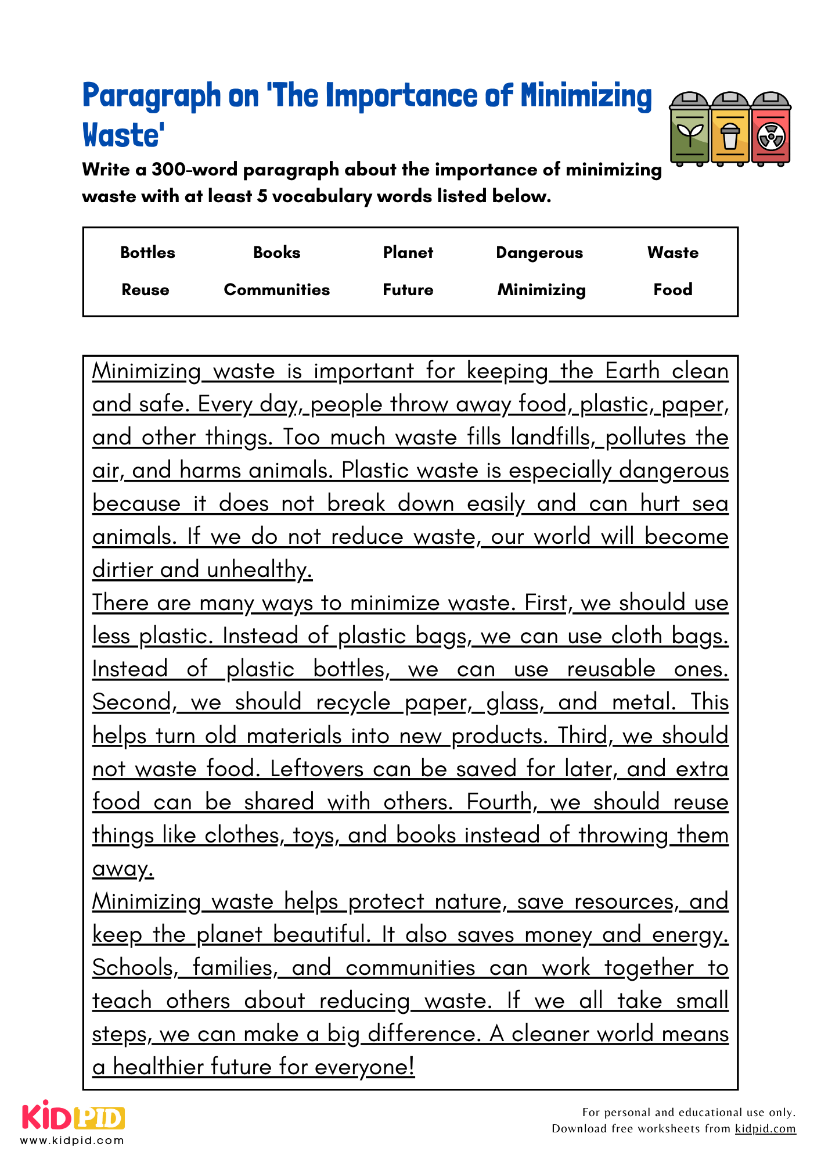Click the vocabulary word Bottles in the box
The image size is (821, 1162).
pyautogui.click(x=147, y=253)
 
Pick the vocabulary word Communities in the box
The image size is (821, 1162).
pyautogui.click(x=276, y=290)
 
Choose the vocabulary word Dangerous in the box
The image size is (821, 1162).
pyautogui.click(x=539, y=253)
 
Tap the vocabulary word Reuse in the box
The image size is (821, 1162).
pyautogui.click(x=145, y=290)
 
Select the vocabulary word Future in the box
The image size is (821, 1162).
pyautogui.click(x=408, y=290)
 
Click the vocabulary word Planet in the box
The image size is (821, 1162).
pyautogui.click(x=408, y=253)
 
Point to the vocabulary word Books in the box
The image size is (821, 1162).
pyautogui.click(x=276, y=253)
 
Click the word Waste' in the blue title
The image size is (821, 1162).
pyautogui.click(x=123, y=135)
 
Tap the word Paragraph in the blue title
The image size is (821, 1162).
pyautogui.click(x=152, y=96)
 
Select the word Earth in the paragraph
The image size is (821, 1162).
pyautogui.click(x=632, y=371)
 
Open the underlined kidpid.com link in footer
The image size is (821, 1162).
pyautogui.click(x=765, y=1129)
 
